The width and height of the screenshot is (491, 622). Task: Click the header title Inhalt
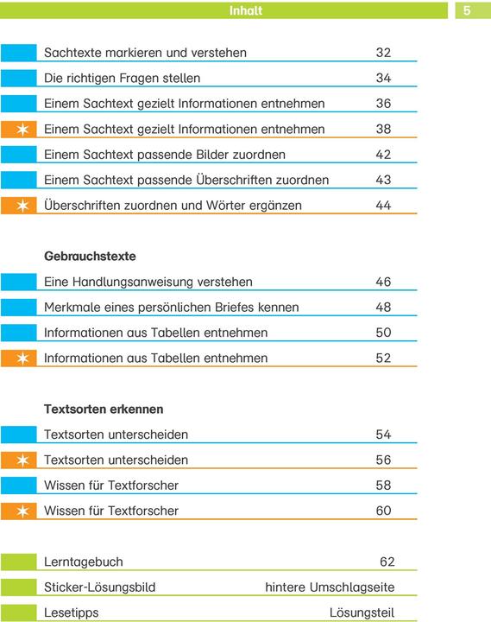(246, 11)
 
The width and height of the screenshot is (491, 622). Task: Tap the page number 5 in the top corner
(466, 11)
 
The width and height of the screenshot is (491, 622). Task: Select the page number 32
(383, 53)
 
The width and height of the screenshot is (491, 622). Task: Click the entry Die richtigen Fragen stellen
(122, 79)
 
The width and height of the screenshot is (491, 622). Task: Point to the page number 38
(383, 130)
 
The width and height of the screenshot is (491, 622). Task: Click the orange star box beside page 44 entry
(19, 206)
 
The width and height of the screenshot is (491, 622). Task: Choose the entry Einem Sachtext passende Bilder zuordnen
(165, 155)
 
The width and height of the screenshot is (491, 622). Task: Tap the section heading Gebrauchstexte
(90, 257)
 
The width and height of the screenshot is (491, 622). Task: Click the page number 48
(383, 308)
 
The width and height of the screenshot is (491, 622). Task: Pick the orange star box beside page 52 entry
(19, 359)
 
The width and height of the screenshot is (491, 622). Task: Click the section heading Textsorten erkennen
(104, 409)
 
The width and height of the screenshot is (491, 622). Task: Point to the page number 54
(383, 435)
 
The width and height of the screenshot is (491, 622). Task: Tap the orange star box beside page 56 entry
(19, 460)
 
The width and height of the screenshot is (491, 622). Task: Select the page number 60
(383, 511)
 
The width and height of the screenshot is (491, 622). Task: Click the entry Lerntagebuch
(83, 562)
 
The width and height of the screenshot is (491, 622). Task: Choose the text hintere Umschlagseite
(330, 587)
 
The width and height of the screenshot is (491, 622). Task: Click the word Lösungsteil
(362, 613)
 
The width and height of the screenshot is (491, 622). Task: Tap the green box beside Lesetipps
(19, 613)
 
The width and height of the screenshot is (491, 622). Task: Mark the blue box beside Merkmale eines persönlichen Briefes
(19, 308)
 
